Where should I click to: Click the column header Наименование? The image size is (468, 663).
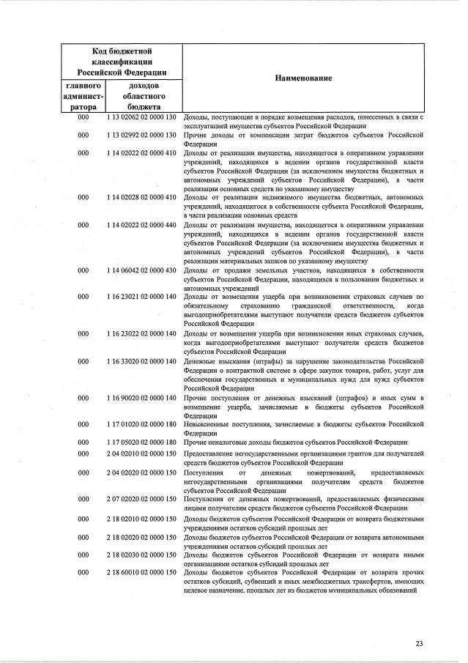(x=303, y=78)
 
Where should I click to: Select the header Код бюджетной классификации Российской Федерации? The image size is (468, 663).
(x=122, y=62)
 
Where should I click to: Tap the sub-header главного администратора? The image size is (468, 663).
(x=83, y=96)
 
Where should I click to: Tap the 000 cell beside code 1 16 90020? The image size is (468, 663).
(x=83, y=397)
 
